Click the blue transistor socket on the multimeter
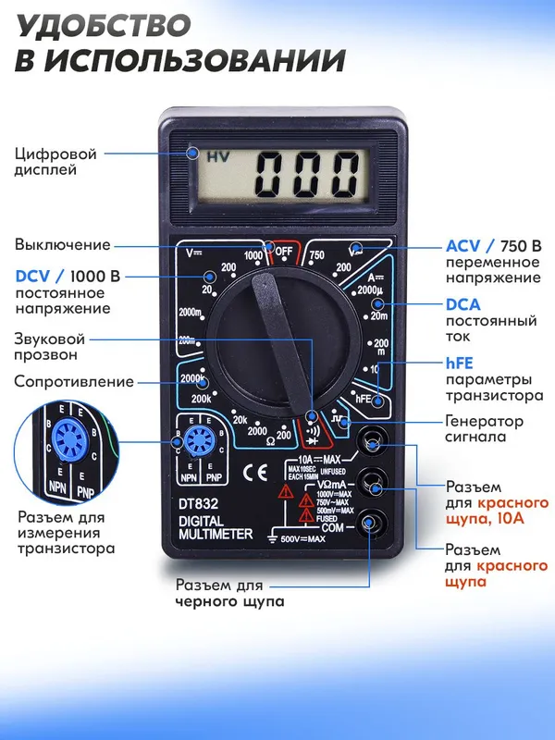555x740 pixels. [195, 441]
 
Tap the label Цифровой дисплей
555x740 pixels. [55, 162]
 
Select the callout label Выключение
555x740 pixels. [62, 244]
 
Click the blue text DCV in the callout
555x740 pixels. [33, 276]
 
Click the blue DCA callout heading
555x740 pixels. [463, 303]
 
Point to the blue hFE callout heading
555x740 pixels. [461, 364]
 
